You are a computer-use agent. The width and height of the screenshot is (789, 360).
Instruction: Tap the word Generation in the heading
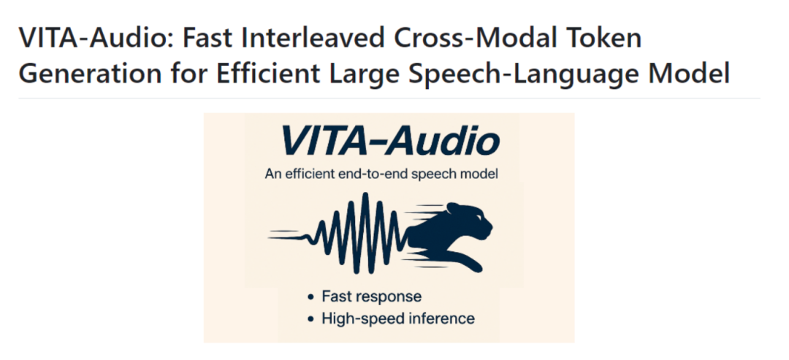tap(91, 74)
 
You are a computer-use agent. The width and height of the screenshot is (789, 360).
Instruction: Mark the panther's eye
tap(478, 216)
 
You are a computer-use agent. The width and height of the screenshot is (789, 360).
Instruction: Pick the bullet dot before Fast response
tap(310, 297)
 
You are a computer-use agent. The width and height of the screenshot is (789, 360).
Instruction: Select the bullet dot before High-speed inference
tap(310, 319)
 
